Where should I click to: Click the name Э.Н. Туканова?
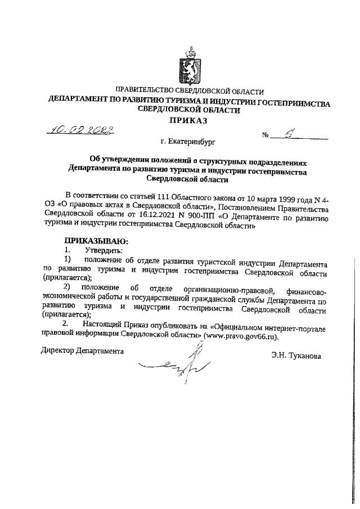click(296, 357)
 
